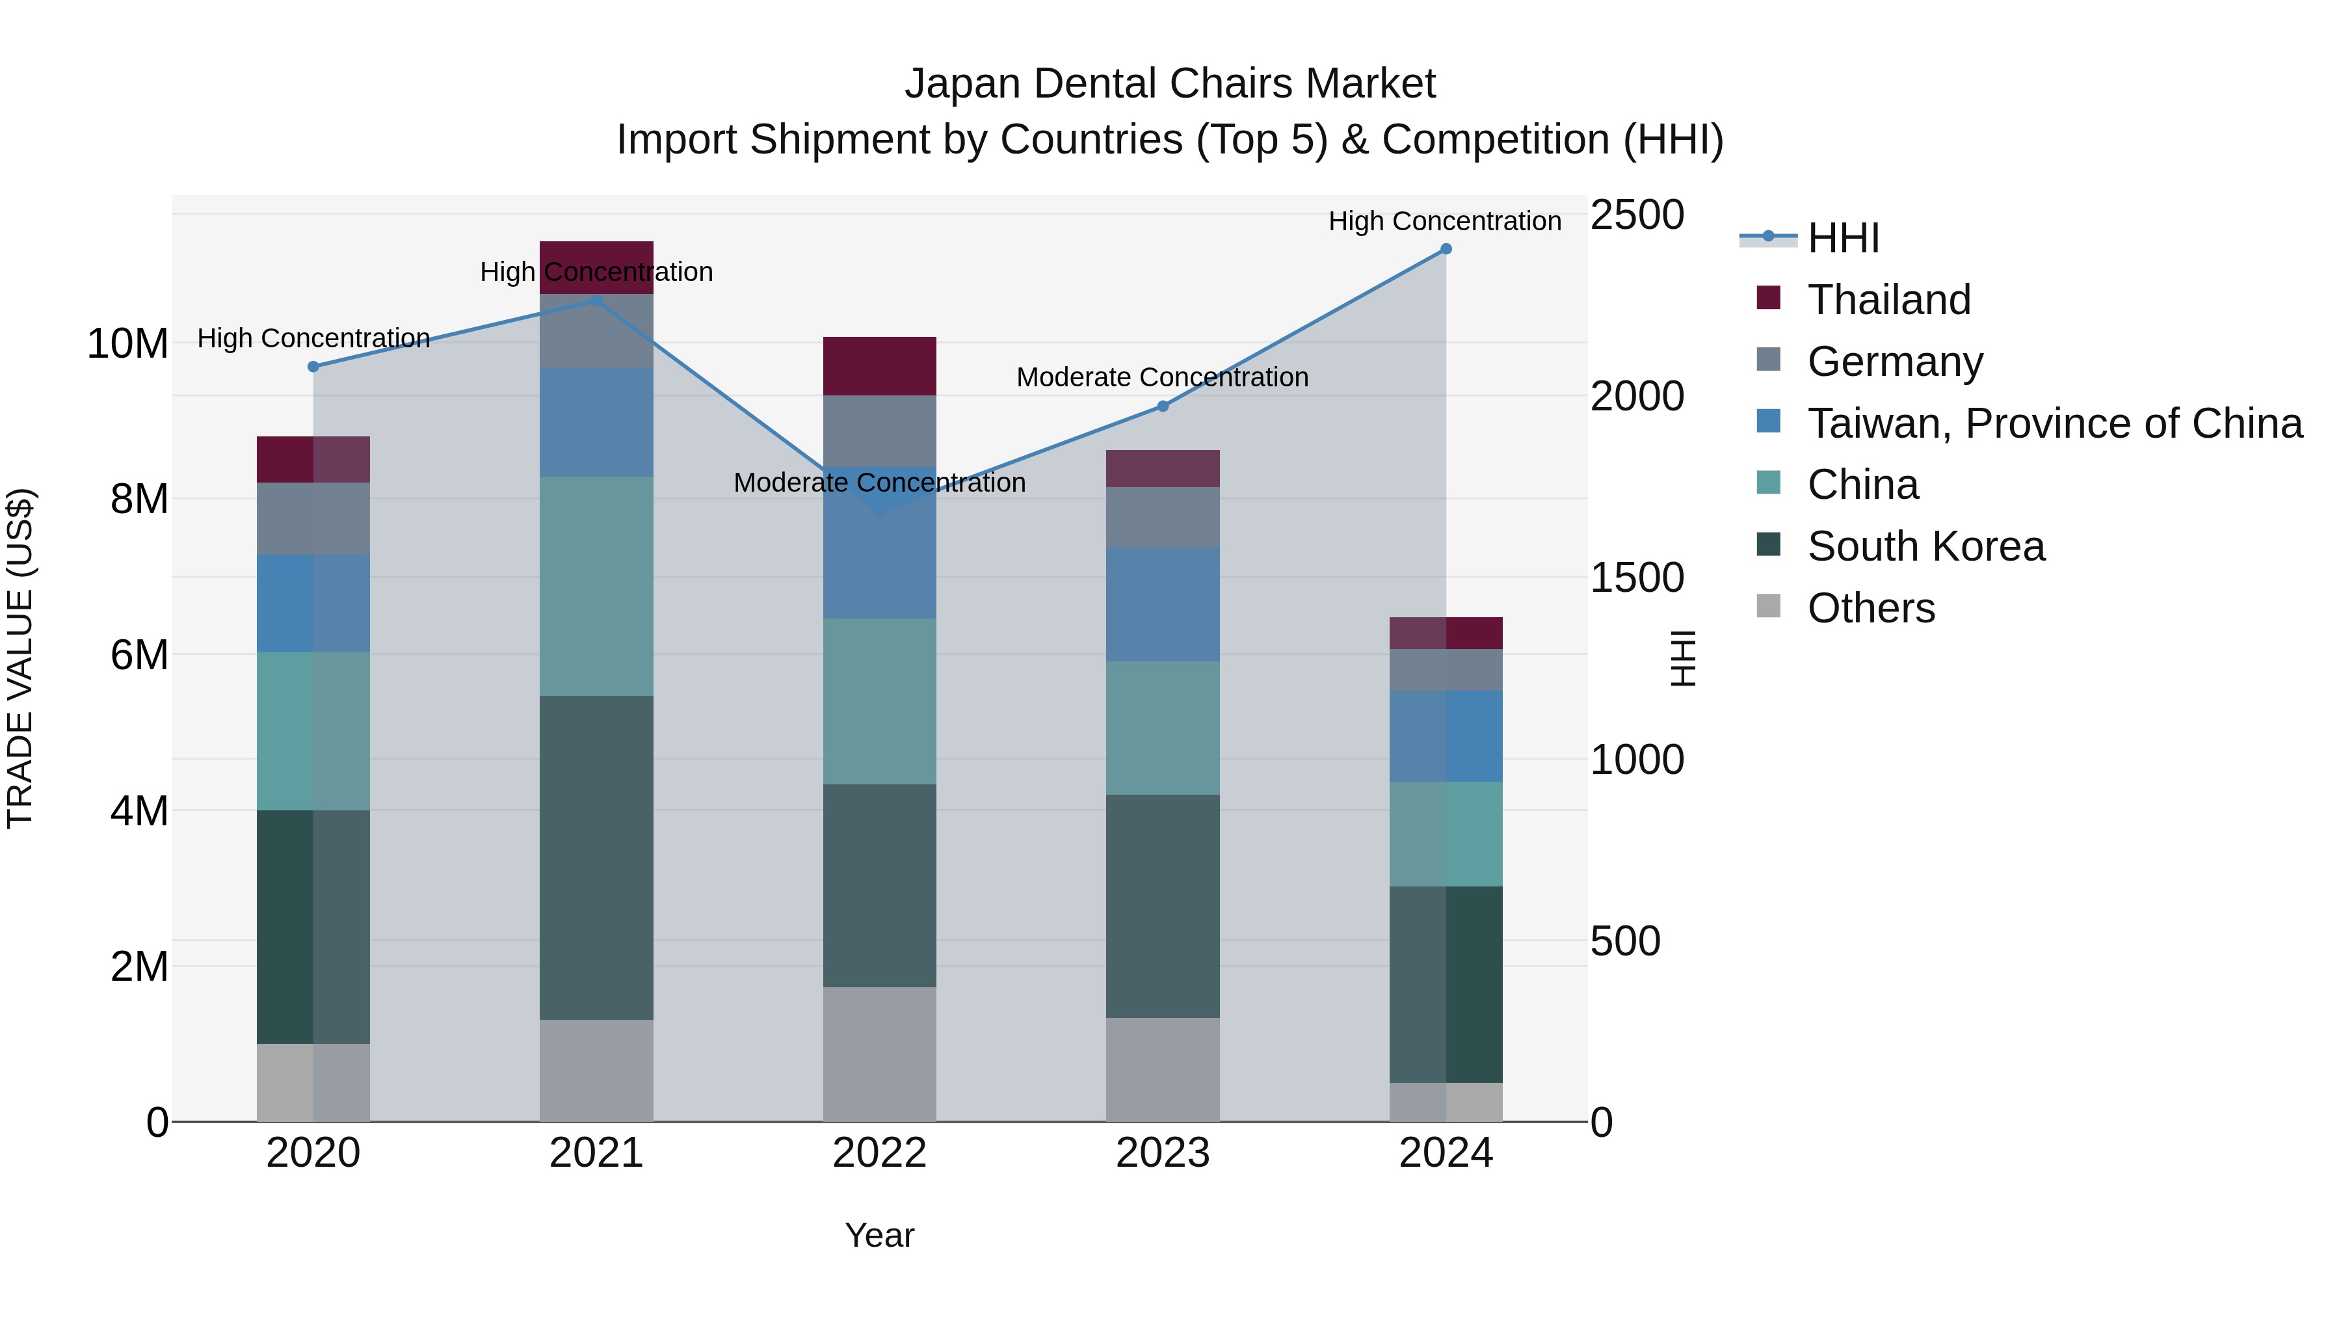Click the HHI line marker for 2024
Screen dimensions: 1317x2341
point(1446,249)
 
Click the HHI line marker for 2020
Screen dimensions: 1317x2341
point(313,366)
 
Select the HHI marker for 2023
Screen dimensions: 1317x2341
point(1162,406)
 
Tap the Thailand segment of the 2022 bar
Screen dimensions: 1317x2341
point(879,366)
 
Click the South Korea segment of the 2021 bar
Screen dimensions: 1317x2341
point(596,857)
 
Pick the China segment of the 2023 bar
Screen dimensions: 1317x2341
point(1162,727)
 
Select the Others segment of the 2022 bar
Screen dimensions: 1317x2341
point(879,1054)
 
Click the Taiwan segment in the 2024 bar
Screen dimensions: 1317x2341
point(1446,736)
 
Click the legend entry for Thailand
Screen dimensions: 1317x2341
point(1888,300)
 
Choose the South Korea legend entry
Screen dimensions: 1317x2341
point(1925,546)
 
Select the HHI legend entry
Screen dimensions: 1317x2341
point(1842,238)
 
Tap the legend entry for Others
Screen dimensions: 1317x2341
point(1870,608)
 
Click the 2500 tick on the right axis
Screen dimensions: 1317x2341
point(1637,215)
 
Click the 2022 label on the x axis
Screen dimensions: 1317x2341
point(879,1153)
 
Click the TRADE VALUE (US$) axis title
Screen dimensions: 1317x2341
point(21,658)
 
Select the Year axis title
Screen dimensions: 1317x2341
point(879,1235)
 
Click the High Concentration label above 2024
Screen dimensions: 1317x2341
point(1444,221)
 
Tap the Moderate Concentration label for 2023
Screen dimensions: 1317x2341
point(1161,377)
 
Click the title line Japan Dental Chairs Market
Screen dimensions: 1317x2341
point(1170,84)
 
